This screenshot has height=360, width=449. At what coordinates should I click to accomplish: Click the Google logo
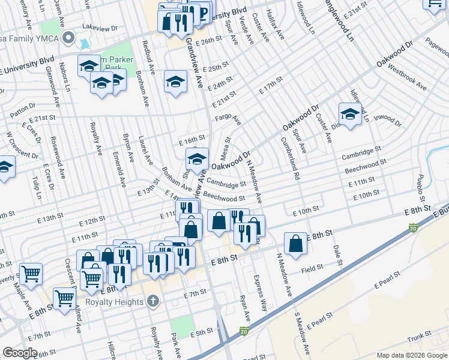pyautogui.click(x=20, y=353)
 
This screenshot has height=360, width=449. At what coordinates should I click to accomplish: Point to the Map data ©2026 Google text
pyautogui.click(x=411, y=355)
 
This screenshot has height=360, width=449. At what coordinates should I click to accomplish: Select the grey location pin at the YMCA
pyautogui.click(x=68, y=40)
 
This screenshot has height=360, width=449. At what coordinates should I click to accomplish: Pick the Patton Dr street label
pyautogui.click(x=23, y=110)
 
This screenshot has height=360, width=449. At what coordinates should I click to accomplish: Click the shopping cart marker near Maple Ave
pyautogui.click(x=31, y=274)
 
